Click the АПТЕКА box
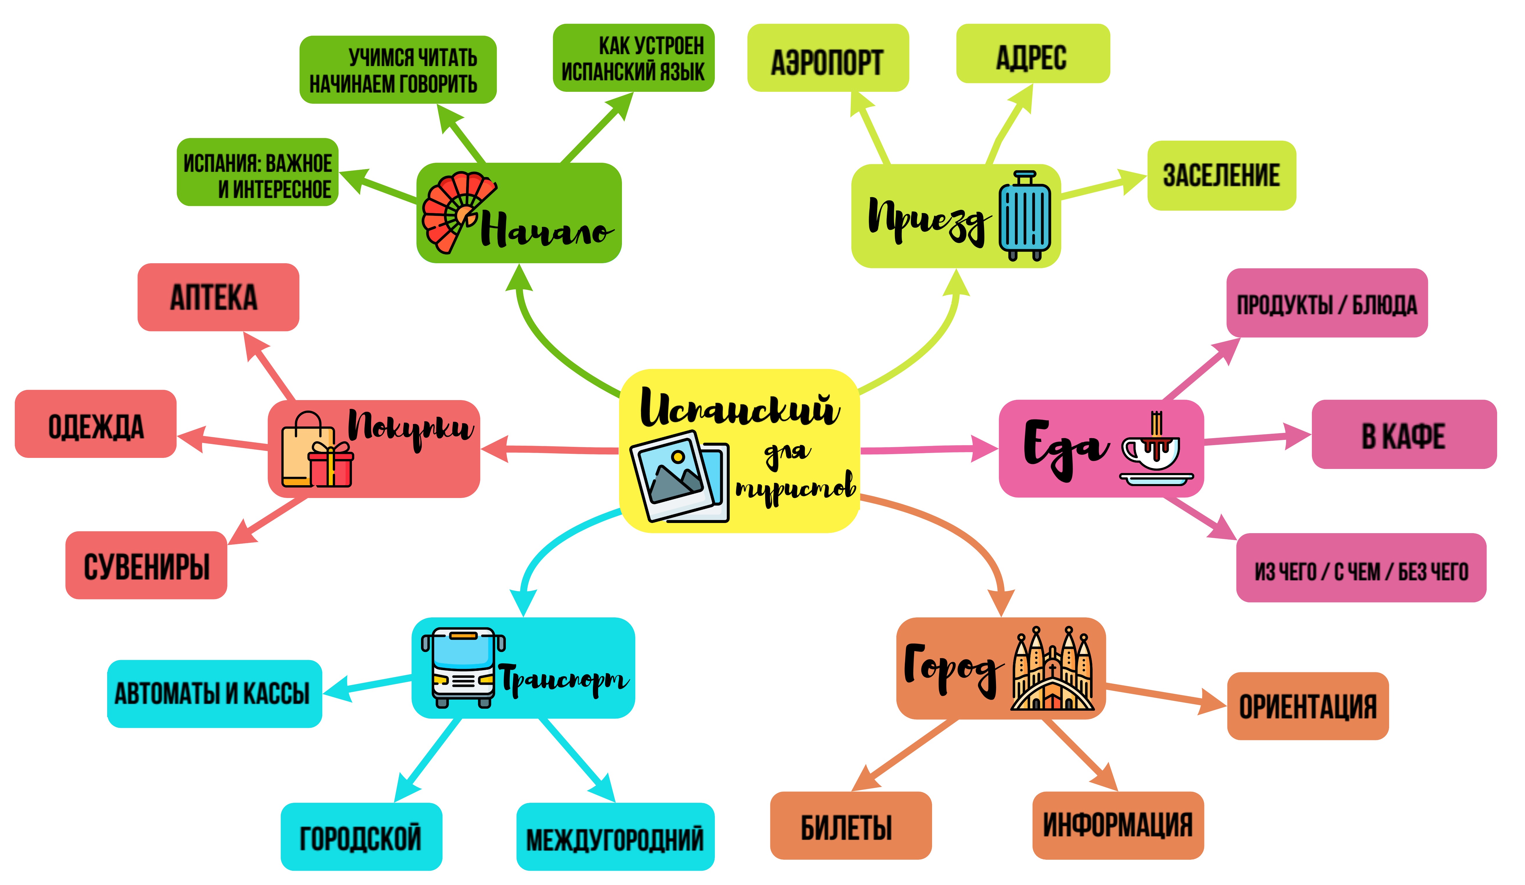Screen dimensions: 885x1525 coord(218,297)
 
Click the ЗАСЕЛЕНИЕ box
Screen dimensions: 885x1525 coord(1221,175)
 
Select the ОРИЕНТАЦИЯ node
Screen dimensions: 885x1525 coord(1307,706)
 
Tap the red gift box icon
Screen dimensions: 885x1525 coord(330,465)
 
